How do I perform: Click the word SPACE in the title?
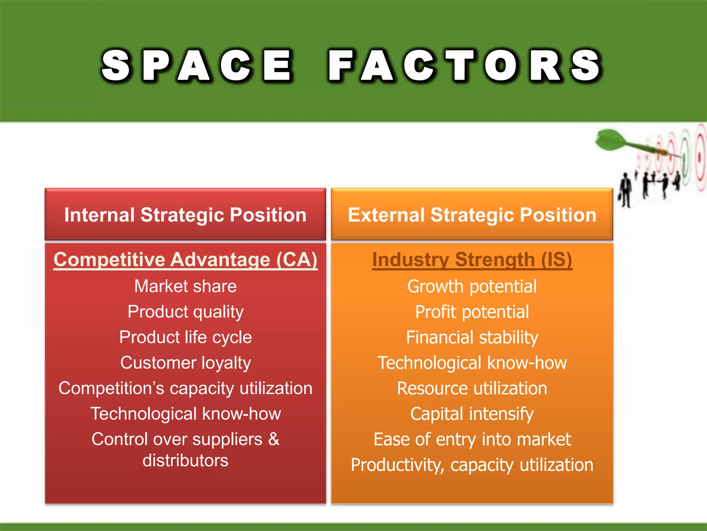(x=197, y=66)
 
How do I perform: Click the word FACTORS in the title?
(x=464, y=66)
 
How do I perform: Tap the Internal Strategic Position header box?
(x=185, y=215)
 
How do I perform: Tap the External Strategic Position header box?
(x=472, y=215)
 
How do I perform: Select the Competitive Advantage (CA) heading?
(x=185, y=260)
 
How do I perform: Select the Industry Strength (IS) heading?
(x=472, y=260)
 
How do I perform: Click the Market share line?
(x=185, y=286)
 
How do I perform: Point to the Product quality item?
(x=185, y=312)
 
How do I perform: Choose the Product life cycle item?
(x=185, y=337)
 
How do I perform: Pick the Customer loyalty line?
(x=185, y=363)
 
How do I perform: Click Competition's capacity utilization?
(x=185, y=388)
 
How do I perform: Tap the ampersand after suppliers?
(x=273, y=439)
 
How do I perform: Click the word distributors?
(x=185, y=460)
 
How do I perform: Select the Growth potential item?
(x=472, y=286)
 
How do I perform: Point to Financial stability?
(x=472, y=337)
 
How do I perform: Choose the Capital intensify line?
(x=472, y=414)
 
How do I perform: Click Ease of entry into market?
(x=472, y=439)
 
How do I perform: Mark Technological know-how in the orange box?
(x=472, y=363)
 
